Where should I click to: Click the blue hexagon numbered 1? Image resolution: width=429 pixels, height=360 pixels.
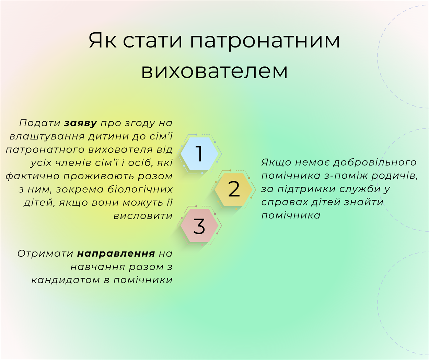click(199, 154)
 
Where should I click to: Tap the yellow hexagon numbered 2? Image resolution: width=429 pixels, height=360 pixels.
click(234, 190)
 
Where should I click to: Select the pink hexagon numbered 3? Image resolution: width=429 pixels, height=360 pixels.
click(199, 226)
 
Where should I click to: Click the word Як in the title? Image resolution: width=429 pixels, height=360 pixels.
click(103, 41)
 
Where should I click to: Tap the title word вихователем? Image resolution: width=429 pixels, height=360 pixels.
click(214, 71)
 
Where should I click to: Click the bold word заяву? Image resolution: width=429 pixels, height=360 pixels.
click(80, 123)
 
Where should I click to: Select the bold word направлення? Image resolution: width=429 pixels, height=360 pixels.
click(116, 254)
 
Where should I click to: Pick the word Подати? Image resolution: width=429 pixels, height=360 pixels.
click(40, 123)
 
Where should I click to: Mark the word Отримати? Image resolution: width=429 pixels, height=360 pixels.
click(45, 254)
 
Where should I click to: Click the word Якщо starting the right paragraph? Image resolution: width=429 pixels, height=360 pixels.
click(276, 162)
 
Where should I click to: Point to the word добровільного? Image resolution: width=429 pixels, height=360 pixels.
click(375, 162)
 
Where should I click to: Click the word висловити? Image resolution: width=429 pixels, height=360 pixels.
click(143, 216)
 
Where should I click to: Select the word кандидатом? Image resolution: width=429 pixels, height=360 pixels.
click(66, 280)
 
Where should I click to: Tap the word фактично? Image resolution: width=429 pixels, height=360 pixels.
click(33, 176)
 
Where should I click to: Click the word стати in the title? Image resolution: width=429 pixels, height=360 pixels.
click(152, 41)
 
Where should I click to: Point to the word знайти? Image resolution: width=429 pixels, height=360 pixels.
click(364, 202)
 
